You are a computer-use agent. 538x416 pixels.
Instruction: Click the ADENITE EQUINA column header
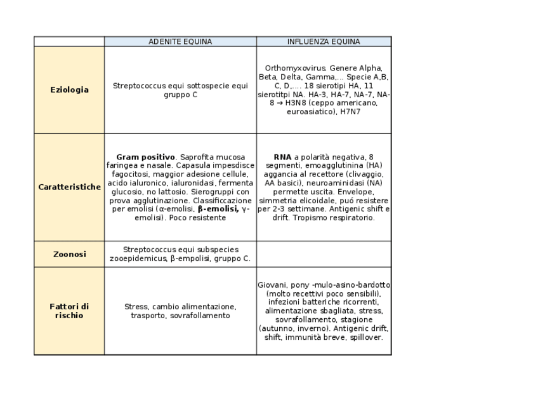180,42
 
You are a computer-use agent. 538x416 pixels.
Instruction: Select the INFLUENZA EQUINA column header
324,42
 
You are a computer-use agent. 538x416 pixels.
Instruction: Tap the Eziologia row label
69,90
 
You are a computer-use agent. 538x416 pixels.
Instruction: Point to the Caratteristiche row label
69,187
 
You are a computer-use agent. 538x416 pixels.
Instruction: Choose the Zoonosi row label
69,254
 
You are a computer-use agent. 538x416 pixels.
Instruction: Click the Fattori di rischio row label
69,311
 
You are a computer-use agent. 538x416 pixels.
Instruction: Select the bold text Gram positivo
145,156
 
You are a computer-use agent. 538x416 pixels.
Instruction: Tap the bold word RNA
282,156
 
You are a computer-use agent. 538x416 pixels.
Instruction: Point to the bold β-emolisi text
218,208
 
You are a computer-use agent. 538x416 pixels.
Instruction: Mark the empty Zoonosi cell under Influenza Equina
324,254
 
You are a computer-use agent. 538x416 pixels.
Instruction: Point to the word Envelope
357,191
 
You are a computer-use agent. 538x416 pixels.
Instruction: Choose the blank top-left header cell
69,42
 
